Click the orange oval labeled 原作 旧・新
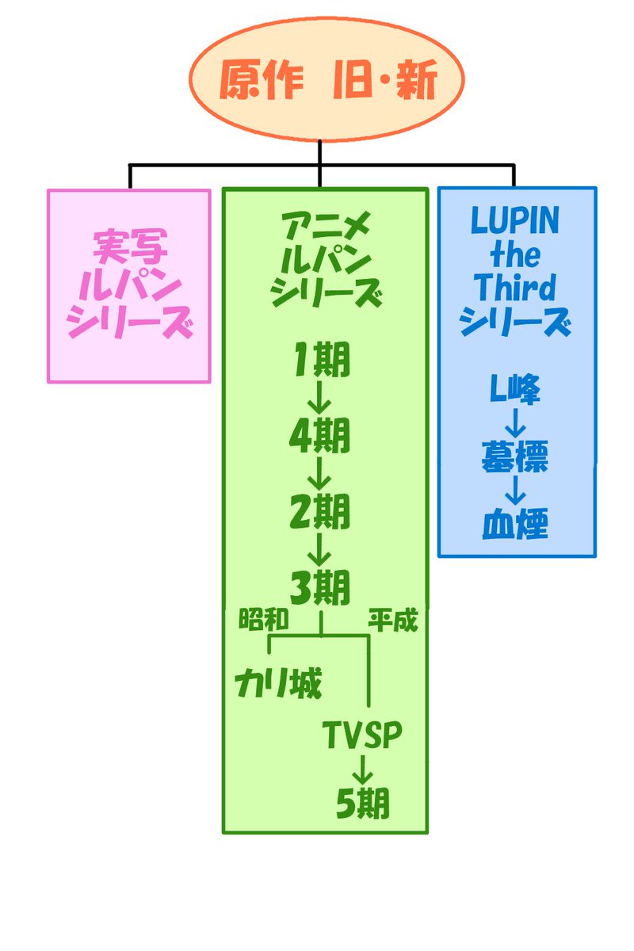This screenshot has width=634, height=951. click(x=326, y=79)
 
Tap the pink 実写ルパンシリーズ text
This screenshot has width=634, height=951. click(x=130, y=285)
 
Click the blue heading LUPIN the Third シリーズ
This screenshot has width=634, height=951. click(x=515, y=271)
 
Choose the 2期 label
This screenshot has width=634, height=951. click(x=320, y=514)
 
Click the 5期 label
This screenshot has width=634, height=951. click(x=363, y=804)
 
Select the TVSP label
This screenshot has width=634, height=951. click(x=363, y=735)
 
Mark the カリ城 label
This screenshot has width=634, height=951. click(x=279, y=684)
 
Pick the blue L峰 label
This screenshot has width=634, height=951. click(x=515, y=390)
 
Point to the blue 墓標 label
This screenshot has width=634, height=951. click(x=515, y=457)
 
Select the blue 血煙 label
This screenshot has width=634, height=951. click(x=515, y=525)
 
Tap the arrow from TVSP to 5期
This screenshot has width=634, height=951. click(x=363, y=770)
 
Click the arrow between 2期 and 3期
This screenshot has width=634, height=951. click(x=319, y=550)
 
